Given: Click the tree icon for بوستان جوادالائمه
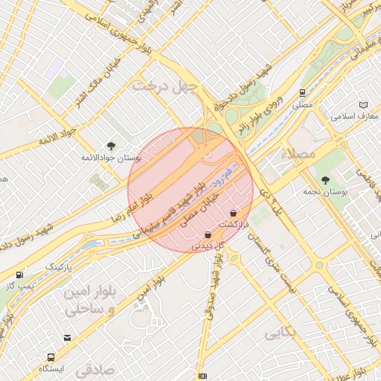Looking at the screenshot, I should pyautogui.click(x=112, y=146).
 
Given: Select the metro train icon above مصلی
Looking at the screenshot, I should pyautogui.click(x=302, y=93).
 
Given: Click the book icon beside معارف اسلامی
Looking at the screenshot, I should pyautogui.click(x=363, y=105).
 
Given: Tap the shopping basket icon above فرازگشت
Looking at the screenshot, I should pyautogui.click(x=234, y=213).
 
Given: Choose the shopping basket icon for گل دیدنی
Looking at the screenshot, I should pyautogui.click(x=207, y=234).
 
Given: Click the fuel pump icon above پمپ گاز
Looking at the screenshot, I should pyautogui.click(x=19, y=275).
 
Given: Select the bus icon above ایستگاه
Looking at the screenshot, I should pyautogui.click(x=51, y=357).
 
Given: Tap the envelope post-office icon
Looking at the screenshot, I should pyautogui.click(x=68, y=338).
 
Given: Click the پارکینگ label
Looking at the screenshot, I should pyautogui.click(x=60, y=266).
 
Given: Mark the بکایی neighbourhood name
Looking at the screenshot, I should pyautogui.click(x=280, y=333).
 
